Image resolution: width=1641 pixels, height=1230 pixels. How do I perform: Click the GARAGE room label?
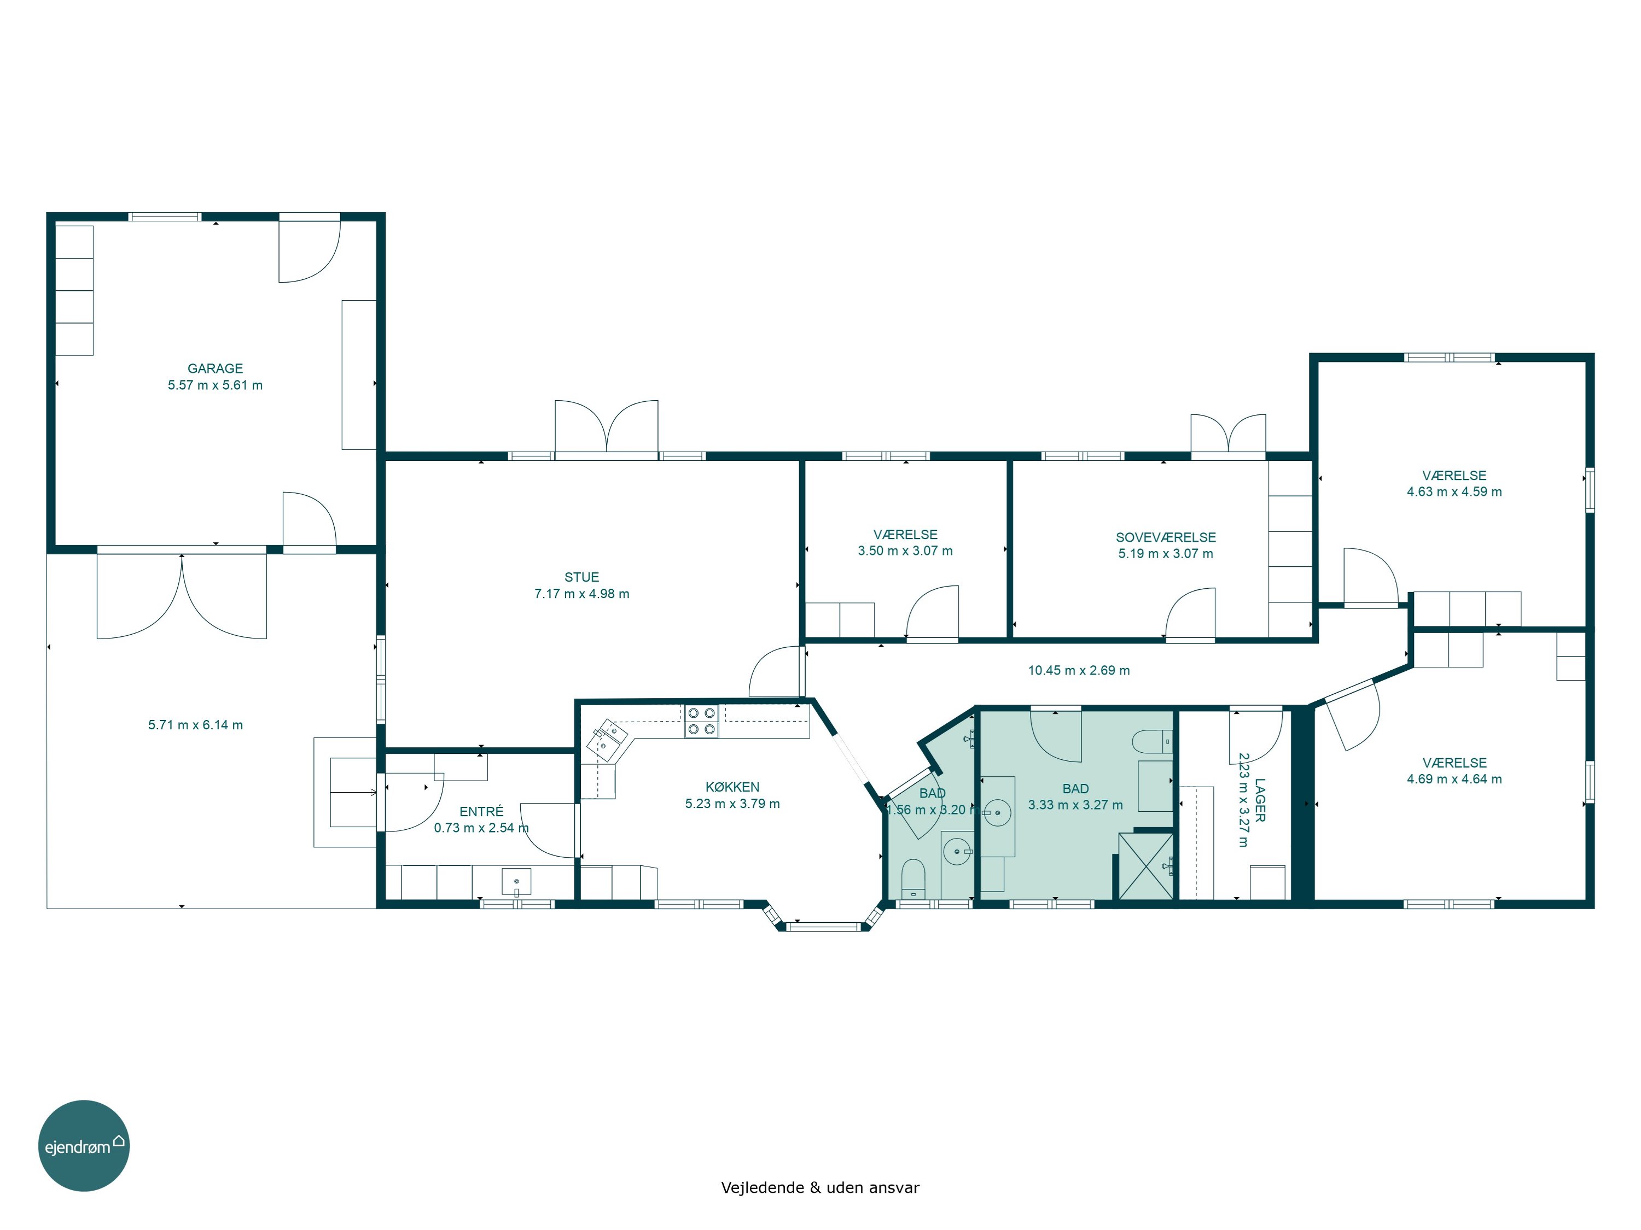pyautogui.click(x=215, y=368)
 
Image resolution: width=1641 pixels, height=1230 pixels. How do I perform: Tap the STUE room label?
pyautogui.click(x=581, y=577)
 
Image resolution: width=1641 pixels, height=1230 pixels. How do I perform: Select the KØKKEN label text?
pyautogui.click(x=732, y=787)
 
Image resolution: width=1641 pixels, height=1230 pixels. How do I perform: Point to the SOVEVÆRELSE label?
pyautogui.click(x=1166, y=537)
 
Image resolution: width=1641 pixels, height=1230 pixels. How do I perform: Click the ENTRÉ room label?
pyautogui.click(x=481, y=811)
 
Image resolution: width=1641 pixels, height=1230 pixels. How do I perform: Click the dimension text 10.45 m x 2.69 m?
pyautogui.click(x=1079, y=670)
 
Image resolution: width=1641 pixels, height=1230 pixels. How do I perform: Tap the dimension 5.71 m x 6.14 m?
pyautogui.click(x=195, y=725)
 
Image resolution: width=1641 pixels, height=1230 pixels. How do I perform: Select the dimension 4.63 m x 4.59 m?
pyautogui.click(x=1454, y=491)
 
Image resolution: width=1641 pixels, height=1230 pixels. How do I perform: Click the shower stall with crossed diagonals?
pyautogui.click(x=1145, y=866)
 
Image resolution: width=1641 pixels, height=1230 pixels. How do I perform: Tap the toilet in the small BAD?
pyautogui.click(x=913, y=878)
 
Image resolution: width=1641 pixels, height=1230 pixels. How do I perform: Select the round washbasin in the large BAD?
pyautogui.click(x=997, y=812)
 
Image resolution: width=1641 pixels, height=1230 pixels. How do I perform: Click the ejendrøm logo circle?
pyautogui.click(x=84, y=1145)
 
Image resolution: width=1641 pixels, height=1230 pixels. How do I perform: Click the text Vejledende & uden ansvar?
pyautogui.click(x=820, y=1187)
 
